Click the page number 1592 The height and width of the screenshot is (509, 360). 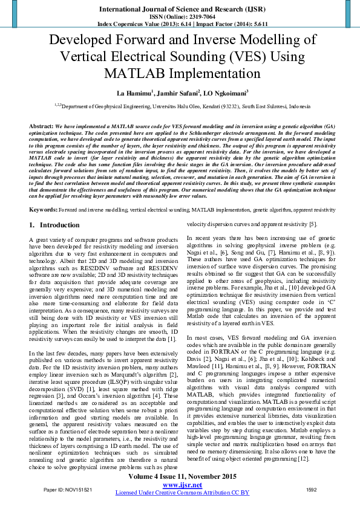[311, 489]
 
